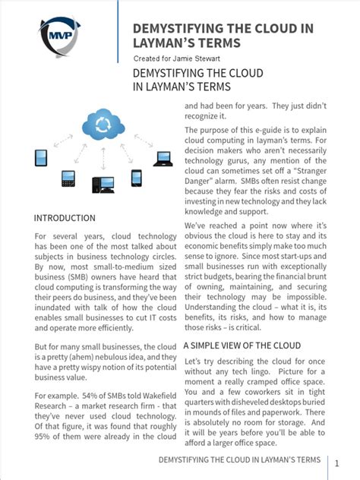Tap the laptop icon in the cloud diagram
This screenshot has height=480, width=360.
(163, 158)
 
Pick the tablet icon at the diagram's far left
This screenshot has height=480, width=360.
(41, 158)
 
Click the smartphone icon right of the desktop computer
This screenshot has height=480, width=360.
(137, 178)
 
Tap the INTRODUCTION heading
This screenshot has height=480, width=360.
(65, 218)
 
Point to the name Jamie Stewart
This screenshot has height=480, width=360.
(201, 58)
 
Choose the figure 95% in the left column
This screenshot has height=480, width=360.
(45, 437)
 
